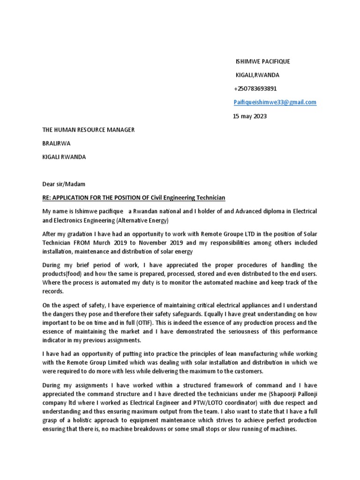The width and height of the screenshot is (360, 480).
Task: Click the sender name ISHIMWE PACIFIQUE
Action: (x=262, y=62)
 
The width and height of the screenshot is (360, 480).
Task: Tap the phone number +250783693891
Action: (x=255, y=89)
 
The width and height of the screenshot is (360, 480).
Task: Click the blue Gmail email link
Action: (x=275, y=102)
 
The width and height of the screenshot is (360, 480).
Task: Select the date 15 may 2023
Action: (x=250, y=116)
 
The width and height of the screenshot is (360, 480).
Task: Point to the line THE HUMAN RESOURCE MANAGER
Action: (x=88, y=129)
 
